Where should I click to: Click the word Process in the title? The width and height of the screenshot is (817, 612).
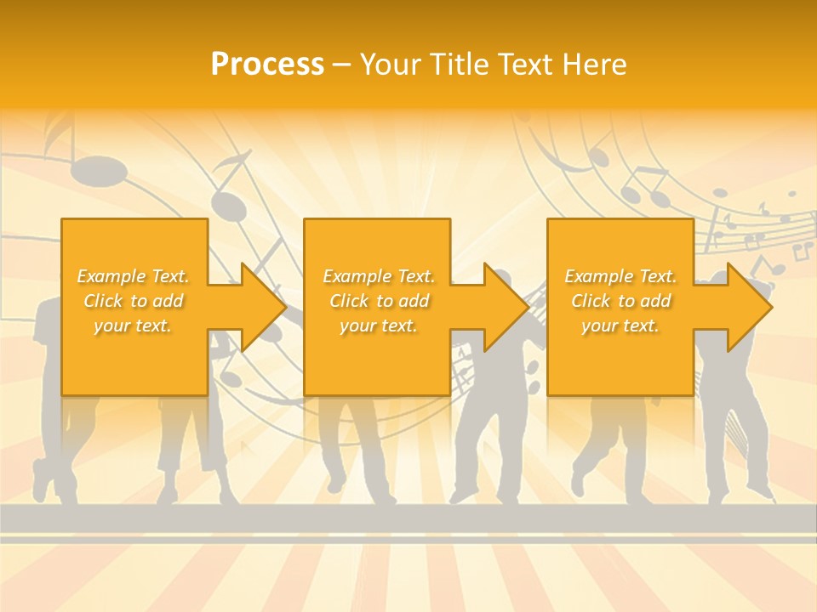(x=267, y=65)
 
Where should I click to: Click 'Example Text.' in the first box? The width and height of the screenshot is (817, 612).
(x=134, y=276)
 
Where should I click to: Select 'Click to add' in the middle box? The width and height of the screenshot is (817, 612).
(x=379, y=301)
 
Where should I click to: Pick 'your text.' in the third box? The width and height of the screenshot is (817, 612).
(x=620, y=326)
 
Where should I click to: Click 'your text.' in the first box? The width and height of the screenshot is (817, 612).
(x=134, y=326)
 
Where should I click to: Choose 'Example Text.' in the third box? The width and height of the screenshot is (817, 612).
(x=620, y=276)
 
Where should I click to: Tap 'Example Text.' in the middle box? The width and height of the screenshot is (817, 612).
(x=379, y=276)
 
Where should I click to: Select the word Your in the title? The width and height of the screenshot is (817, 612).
(x=389, y=65)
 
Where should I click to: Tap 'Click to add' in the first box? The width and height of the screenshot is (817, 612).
(x=134, y=301)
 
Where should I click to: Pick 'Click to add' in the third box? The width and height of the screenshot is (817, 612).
(x=620, y=301)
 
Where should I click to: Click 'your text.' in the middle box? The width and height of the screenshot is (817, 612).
(x=379, y=326)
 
